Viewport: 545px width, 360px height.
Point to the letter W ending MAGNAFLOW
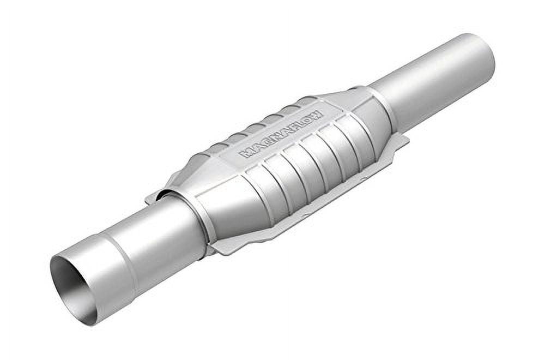pos(317,115)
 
